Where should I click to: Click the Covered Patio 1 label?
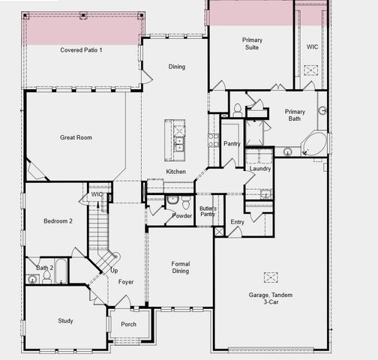coord(81,49)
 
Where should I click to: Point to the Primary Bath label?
coord(295,115)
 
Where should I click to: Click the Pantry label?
coord(232,143)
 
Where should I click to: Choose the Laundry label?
coord(260,168)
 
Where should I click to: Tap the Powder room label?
coord(181,216)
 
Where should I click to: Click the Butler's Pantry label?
coord(208,211)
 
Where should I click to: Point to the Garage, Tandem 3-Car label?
coord(271,298)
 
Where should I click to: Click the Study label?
coord(65,321)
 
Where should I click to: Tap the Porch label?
coord(128,324)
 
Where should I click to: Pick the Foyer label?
coord(125,282)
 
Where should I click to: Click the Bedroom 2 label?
coord(57,221)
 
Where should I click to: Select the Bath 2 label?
coord(45,268)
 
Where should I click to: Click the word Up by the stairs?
coord(114,270)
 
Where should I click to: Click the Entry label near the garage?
coord(237,222)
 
